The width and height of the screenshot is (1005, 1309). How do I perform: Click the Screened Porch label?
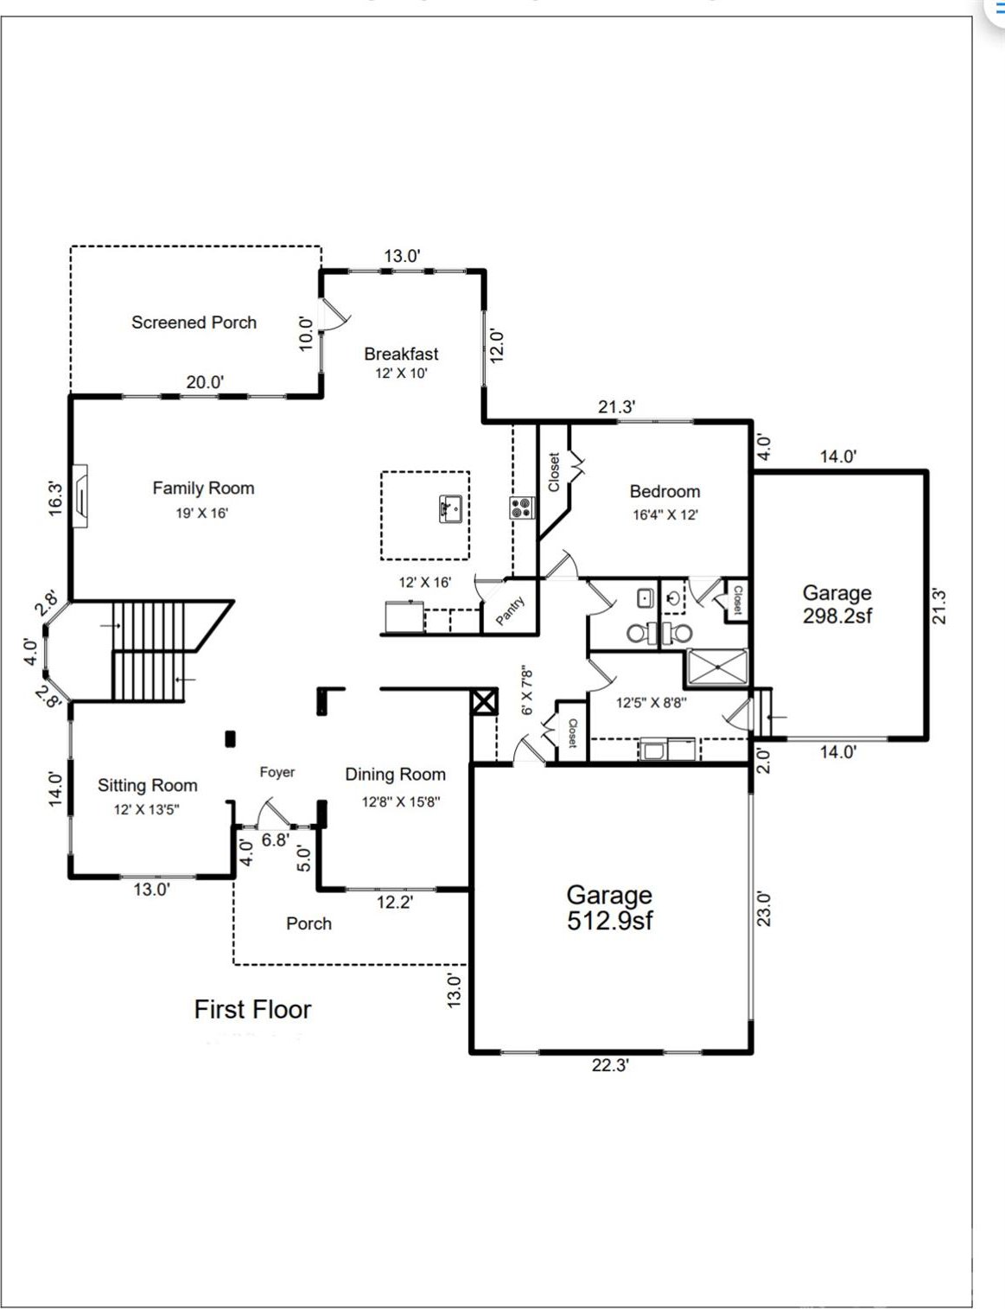click(x=194, y=322)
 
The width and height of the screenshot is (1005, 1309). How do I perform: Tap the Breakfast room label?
click(x=401, y=354)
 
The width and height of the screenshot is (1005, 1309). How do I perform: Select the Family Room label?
click(x=203, y=488)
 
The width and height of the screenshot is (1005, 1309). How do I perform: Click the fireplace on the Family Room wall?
click(x=80, y=495)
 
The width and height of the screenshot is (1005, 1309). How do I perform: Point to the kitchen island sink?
click(x=450, y=509)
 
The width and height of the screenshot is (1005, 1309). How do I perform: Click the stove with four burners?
click(x=522, y=508)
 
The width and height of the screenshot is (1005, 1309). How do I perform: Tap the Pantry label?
click(x=511, y=610)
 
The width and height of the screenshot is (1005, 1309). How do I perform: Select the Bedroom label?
click(x=665, y=492)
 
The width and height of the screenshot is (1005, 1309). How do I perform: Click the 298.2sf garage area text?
click(x=837, y=616)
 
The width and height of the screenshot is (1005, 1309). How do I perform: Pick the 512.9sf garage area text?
click(x=609, y=921)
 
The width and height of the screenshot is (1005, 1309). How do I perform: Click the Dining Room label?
click(x=396, y=774)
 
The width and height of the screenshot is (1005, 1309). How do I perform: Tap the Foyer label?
click(x=277, y=772)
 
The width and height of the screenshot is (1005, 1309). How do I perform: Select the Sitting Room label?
click(x=148, y=786)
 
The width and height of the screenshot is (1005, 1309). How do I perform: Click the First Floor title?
click(x=252, y=1010)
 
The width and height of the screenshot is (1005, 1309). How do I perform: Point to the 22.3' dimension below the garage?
click(x=610, y=1066)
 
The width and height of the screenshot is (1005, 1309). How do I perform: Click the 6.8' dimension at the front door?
click(x=276, y=840)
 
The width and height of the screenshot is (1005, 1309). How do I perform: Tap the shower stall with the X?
click(x=716, y=667)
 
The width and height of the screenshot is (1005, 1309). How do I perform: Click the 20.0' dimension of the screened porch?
click(x=205, y=382)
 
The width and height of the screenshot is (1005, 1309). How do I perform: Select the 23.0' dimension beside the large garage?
click(x=763, y=909)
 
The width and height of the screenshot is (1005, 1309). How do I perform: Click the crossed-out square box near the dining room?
click(x=484, y=702)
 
